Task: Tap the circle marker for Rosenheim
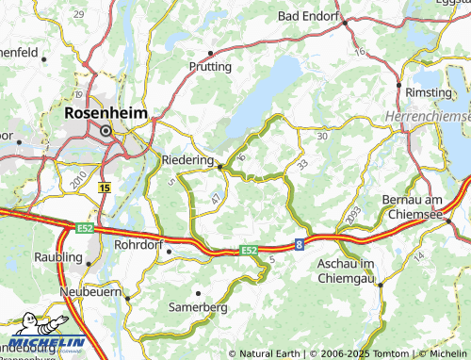pyautogui.click(x=106, y=131)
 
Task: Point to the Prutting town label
pyautogui.click(x=209, y=68)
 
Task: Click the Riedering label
pyautogui.click(x=188, y=160)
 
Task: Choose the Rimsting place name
pyautogui.click(x=429, y=92)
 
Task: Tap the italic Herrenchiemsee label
pyautogui.click(x=428, y=115)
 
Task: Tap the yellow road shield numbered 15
pyautogui.click(x=105, y=188)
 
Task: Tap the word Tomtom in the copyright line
pyautogui.click(x=365, y=353)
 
